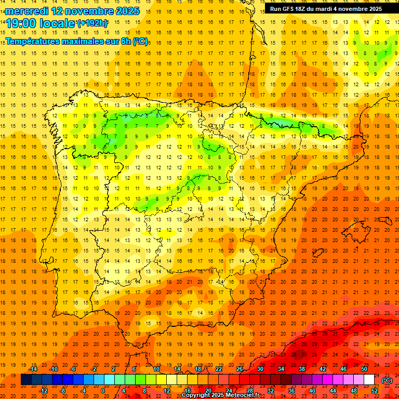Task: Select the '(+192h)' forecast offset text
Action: [92, 23]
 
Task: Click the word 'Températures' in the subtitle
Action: [33, 41]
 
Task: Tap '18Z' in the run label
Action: [305, 9]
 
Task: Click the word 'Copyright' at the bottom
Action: [197, 395]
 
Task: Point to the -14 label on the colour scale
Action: [33, 369]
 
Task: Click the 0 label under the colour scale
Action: [103, 391]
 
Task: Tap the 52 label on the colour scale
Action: [375, 391]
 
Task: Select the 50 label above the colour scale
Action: [364, 369]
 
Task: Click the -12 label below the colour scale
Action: [43, 391]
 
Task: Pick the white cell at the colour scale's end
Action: [369, 380]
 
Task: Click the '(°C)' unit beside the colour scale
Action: [387, 380]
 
